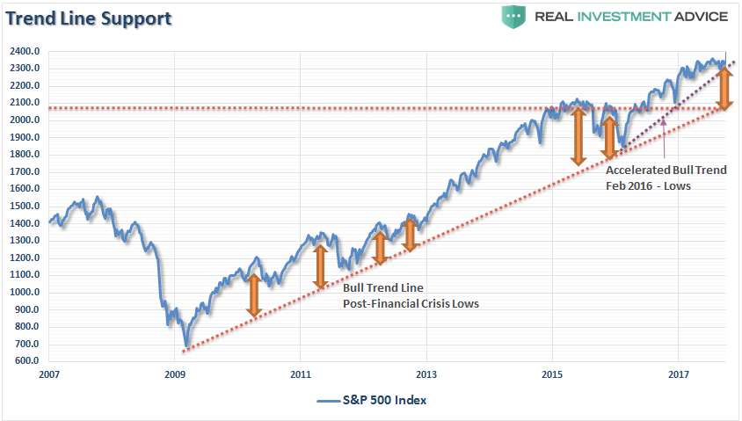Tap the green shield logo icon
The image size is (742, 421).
(513, 17)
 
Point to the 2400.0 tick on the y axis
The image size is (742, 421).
(25, 51)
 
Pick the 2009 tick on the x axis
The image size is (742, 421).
(175, 374)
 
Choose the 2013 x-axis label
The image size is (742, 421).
(426, 374)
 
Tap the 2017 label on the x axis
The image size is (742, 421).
(678, 374)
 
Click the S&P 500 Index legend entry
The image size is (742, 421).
(374, 400)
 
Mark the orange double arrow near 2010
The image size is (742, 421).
(253, 295)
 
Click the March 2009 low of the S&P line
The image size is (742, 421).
(185, 345)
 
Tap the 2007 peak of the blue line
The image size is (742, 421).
(98, 198)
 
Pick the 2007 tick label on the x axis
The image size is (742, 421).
(49, 374)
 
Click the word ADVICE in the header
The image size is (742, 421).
(699, 17)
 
